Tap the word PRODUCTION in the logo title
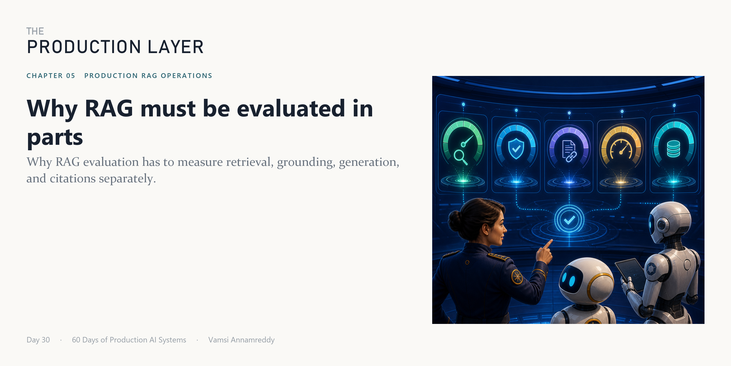pyautogui.click(x=84, y=47)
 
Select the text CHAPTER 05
pyautogui.click(x=51, y=75)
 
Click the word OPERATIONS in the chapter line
pyautogui.click(x=186, y=75)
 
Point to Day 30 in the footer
pyautogui.click(x=38, y=340)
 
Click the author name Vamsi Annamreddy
pyautogui.click(x=241, y=340)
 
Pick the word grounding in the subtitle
pyautogui.click(x=306, y=162)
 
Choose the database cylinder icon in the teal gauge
pyautogui.click(x=673, y=149)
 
